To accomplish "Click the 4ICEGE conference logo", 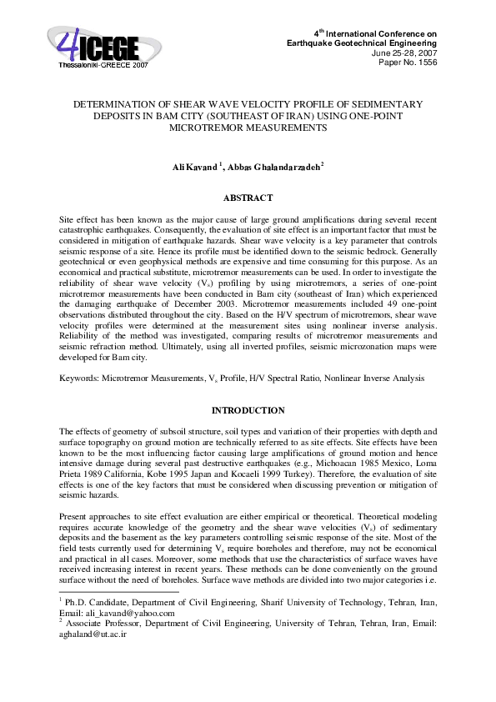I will (93, 43).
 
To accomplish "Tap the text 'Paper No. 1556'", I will (408, 61).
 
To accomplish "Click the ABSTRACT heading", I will (248, 198).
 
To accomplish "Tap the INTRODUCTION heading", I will (248, 410).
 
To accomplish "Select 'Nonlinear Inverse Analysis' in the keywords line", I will (378, 378).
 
